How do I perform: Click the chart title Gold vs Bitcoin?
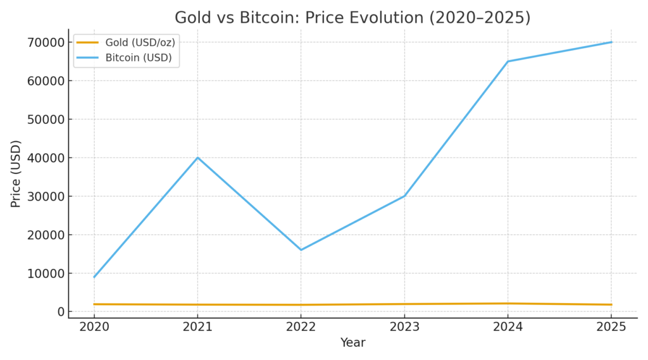(x=352, y=18)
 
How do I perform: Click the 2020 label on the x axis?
(x=94, y=326)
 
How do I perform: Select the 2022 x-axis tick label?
(x=301, y=326)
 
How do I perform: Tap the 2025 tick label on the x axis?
(x=611, y=326)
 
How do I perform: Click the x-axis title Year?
(x=352, y=343)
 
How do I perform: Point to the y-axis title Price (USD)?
(x=16, y=173)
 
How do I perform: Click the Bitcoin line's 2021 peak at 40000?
(x=197, y=158)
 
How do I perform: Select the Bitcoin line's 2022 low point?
(x=301, y=250)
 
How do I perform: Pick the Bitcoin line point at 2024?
(x=508, y=61)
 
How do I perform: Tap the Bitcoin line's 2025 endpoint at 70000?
(x=611, y=42)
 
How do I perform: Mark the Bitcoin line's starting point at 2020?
(x=94, y=277)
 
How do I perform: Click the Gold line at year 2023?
(x=404, y=304)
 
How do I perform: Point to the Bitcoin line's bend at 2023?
(x=404, y=196)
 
